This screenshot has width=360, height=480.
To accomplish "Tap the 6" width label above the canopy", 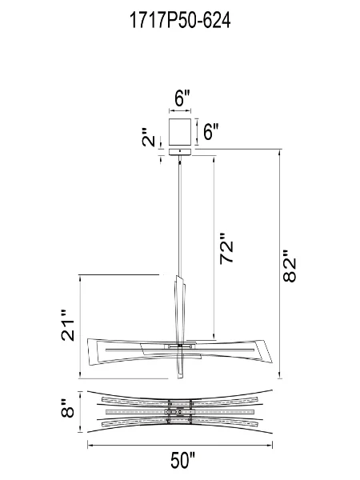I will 182,99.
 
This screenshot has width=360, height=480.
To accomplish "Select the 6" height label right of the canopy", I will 210,132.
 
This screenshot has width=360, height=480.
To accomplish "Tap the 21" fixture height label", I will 70,324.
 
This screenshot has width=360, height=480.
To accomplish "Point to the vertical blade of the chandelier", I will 178,320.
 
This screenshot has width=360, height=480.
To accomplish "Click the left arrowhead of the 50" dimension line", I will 90,444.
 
